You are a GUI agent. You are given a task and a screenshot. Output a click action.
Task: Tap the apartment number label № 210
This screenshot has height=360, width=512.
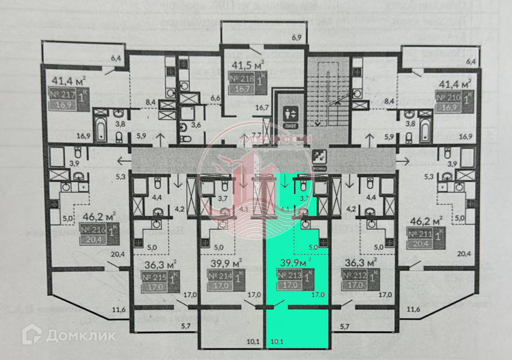coord(450,97)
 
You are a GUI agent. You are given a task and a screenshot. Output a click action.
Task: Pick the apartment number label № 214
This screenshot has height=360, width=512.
coord(219,276)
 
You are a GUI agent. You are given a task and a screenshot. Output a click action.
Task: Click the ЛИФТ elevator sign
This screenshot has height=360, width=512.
coord(290,115)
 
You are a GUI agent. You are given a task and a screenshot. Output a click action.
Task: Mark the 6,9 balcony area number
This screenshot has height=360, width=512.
coord(296,37)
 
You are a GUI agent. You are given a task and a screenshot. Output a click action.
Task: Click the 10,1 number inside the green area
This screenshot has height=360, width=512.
coord(277,342)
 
